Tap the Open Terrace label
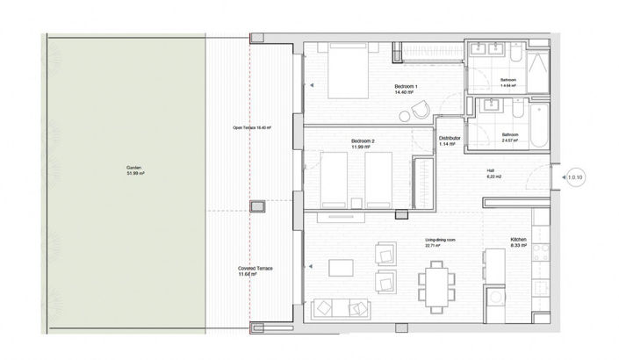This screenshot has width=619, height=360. [x=252, y=128]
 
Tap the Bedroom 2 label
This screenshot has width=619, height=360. [x=363, y=143]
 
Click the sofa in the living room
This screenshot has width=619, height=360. [x=342, y=308]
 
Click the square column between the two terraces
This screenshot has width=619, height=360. [x=257, y=206]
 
